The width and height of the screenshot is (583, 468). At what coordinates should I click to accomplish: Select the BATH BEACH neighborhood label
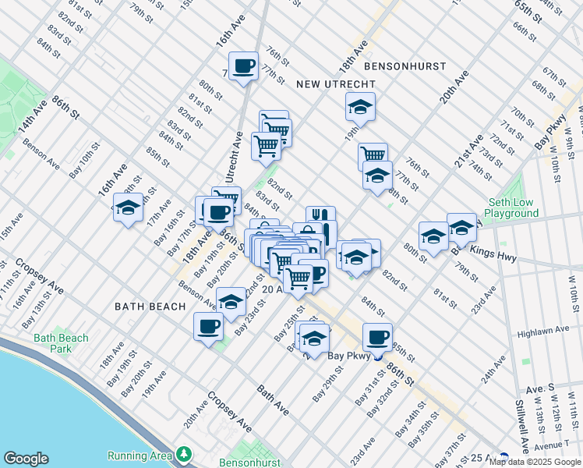150,307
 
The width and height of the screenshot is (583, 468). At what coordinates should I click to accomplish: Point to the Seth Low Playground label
509,207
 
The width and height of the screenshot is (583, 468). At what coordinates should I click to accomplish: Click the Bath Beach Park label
61,344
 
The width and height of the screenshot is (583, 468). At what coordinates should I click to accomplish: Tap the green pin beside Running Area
184,453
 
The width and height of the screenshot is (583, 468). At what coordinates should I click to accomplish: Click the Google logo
26,459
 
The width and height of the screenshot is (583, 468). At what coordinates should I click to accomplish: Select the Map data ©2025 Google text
535,462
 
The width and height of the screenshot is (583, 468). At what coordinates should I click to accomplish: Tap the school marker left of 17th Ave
128,207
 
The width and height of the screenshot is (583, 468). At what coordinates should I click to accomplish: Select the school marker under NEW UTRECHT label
360,106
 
